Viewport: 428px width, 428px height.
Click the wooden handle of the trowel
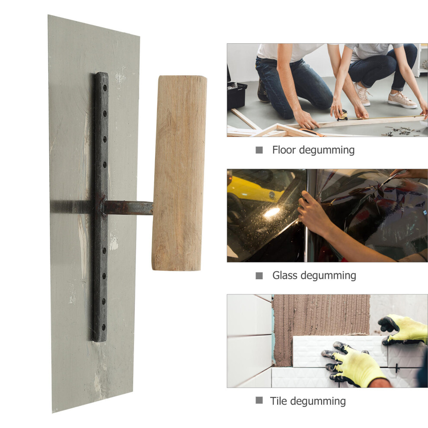[x=179, y=173]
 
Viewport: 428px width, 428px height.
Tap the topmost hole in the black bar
[x=105, y=88]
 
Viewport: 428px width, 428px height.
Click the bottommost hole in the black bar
[x=103, y=327]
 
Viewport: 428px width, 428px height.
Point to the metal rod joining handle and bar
[x=128, y=208]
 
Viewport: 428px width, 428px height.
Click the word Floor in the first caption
[x=284, y=150]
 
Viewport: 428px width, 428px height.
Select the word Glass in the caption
[x=285, y=275]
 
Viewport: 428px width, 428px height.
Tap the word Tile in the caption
[x=277, y=401]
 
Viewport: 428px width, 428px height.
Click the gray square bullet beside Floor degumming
[x=259, y=150]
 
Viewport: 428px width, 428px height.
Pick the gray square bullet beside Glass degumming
[x=259, y=276]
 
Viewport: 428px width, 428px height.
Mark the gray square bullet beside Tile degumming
[x=259, y=400]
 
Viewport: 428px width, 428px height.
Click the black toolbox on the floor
[x=236, y=95]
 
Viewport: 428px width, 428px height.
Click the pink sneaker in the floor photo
[x=402, y=100]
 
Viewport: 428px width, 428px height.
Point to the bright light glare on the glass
[x=272, y=212]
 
